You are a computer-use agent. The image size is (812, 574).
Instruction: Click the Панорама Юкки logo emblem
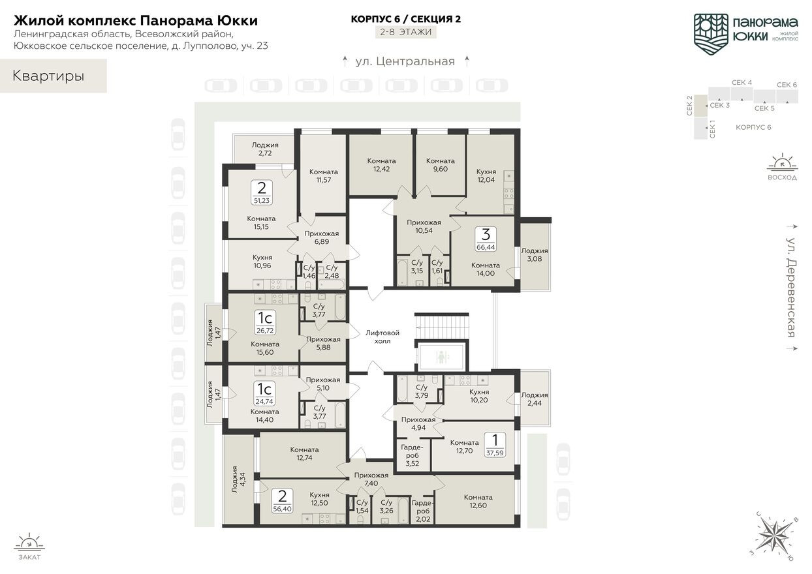pos(711,31)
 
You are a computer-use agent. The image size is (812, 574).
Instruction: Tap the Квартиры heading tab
pos(49,76)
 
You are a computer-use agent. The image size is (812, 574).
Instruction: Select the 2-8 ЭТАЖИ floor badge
pos(406,31)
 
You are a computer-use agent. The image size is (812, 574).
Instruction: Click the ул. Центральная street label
pos(405,61)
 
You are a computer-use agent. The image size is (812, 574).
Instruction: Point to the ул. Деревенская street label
pos(790,287)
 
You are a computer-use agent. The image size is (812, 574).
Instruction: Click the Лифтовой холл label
pos(383,337)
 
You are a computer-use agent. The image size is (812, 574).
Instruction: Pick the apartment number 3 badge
pos(486,234)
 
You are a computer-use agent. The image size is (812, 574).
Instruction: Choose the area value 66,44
pos(486,248)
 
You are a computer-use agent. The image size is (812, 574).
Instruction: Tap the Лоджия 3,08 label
pos(535,254)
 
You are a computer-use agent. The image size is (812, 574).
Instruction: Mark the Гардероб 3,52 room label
pos(413,455)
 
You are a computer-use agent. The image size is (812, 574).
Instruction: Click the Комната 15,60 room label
pos(264,348)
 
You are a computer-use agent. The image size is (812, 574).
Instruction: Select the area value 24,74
pos(265,402)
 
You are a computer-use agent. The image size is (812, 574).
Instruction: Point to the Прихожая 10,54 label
pos(424,226)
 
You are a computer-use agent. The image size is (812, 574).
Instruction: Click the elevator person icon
pos(441,357)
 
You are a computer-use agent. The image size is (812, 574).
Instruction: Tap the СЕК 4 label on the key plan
pos(742,83)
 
